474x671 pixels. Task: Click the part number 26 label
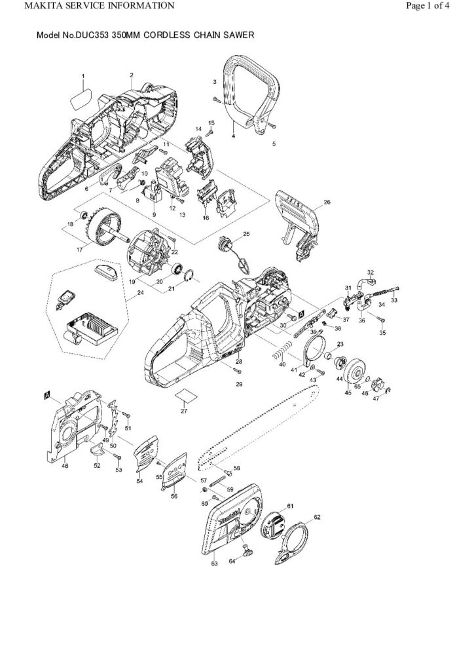327,202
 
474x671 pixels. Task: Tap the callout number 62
317,517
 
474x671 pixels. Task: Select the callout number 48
65,466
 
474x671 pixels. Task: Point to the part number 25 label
247,234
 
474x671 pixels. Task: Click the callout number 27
183,411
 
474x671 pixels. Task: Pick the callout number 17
81,248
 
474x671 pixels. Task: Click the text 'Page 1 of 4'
428,7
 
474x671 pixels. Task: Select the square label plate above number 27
185,395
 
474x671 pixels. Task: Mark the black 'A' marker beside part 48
47,395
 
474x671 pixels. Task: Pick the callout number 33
393,301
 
